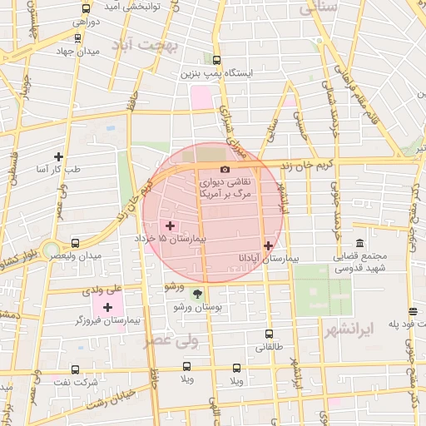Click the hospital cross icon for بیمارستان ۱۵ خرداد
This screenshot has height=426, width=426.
click(171, 225)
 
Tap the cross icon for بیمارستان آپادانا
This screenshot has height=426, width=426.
click(268, 245)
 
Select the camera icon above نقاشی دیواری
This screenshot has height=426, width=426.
click(225, 170)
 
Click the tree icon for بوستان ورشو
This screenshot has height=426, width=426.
click(197, 294)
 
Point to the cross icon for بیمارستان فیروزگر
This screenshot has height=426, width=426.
click(107, 308)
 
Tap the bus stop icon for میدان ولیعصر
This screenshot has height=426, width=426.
click(76, 244)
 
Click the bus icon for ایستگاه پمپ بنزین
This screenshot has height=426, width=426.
click(217, 61)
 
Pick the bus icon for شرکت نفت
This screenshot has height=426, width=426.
click(75, 369)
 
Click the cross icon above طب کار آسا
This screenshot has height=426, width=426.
click(58, 156)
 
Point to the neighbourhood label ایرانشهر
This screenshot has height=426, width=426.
click(369, 328)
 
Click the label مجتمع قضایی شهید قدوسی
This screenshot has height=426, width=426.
click(360, 263)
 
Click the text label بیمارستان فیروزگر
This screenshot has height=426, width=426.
click(102, 320)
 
